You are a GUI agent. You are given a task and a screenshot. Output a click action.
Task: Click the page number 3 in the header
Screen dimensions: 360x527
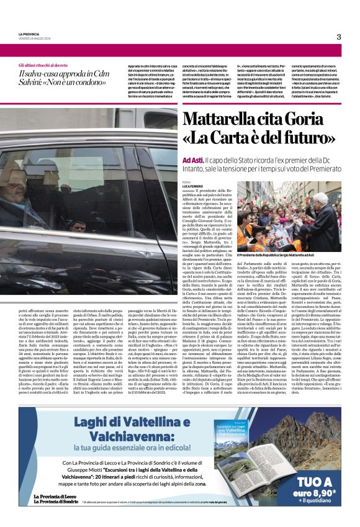338,36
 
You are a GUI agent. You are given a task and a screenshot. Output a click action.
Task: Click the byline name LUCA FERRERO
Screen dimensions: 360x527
193,186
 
